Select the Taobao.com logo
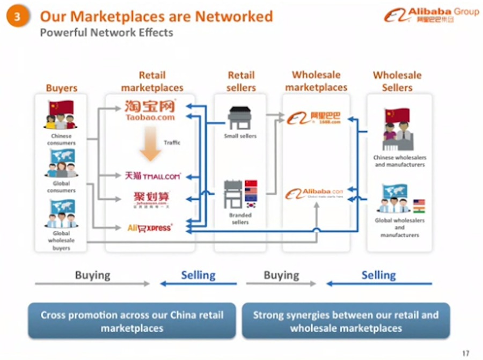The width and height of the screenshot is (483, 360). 150,109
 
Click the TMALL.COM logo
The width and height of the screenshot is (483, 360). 152,175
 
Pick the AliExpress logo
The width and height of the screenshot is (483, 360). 150,228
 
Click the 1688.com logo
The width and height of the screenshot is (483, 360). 314,118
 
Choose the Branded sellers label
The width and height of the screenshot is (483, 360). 240,218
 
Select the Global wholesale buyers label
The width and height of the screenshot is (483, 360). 61,241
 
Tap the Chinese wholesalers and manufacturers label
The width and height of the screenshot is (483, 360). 399,161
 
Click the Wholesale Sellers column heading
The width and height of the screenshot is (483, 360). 397,81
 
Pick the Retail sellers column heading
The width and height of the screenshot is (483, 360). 241,81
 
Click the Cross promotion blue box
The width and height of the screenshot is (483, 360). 132,321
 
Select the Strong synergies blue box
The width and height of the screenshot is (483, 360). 346,321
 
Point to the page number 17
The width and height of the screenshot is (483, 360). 465,352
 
